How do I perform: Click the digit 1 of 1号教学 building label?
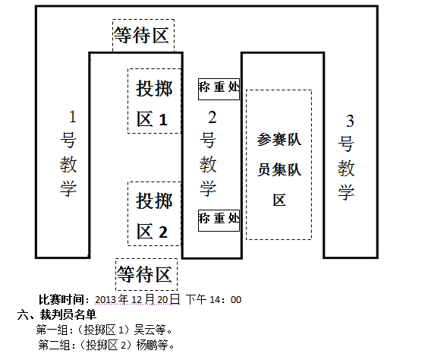click(x=72, y=117)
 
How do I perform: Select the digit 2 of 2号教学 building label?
click(x=212, y=117)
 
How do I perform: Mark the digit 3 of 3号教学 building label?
click(x=350, y=121)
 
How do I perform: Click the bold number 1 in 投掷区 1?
click(x=163, y=120)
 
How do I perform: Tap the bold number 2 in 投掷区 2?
click(x=163, y=232)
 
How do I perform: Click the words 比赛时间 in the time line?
click(x=61, y=299)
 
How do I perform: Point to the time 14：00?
click(x=225, y=300)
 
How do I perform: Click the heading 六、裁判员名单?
click(x=57, y=314)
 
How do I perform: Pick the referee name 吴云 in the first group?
click(x=144, y=330)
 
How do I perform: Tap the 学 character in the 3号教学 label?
click(x=346, y=192)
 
